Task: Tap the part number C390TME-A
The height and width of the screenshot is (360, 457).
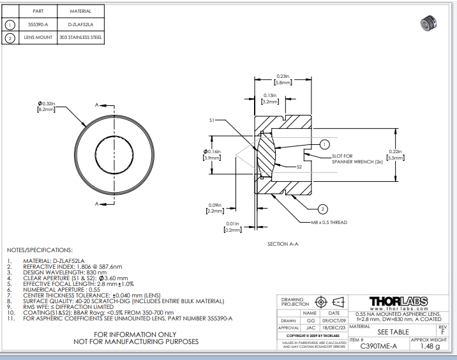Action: point(378,346)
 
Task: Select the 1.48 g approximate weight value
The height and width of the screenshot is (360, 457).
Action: point(429,347)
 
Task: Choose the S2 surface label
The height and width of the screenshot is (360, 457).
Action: point(299,167)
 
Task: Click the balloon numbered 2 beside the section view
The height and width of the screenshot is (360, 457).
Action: point(323,209)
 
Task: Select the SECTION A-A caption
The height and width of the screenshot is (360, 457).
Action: point(283,244)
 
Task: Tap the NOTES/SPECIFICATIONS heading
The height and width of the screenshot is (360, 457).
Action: point(40,250)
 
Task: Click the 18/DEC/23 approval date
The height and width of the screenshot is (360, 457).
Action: point(334,327)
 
